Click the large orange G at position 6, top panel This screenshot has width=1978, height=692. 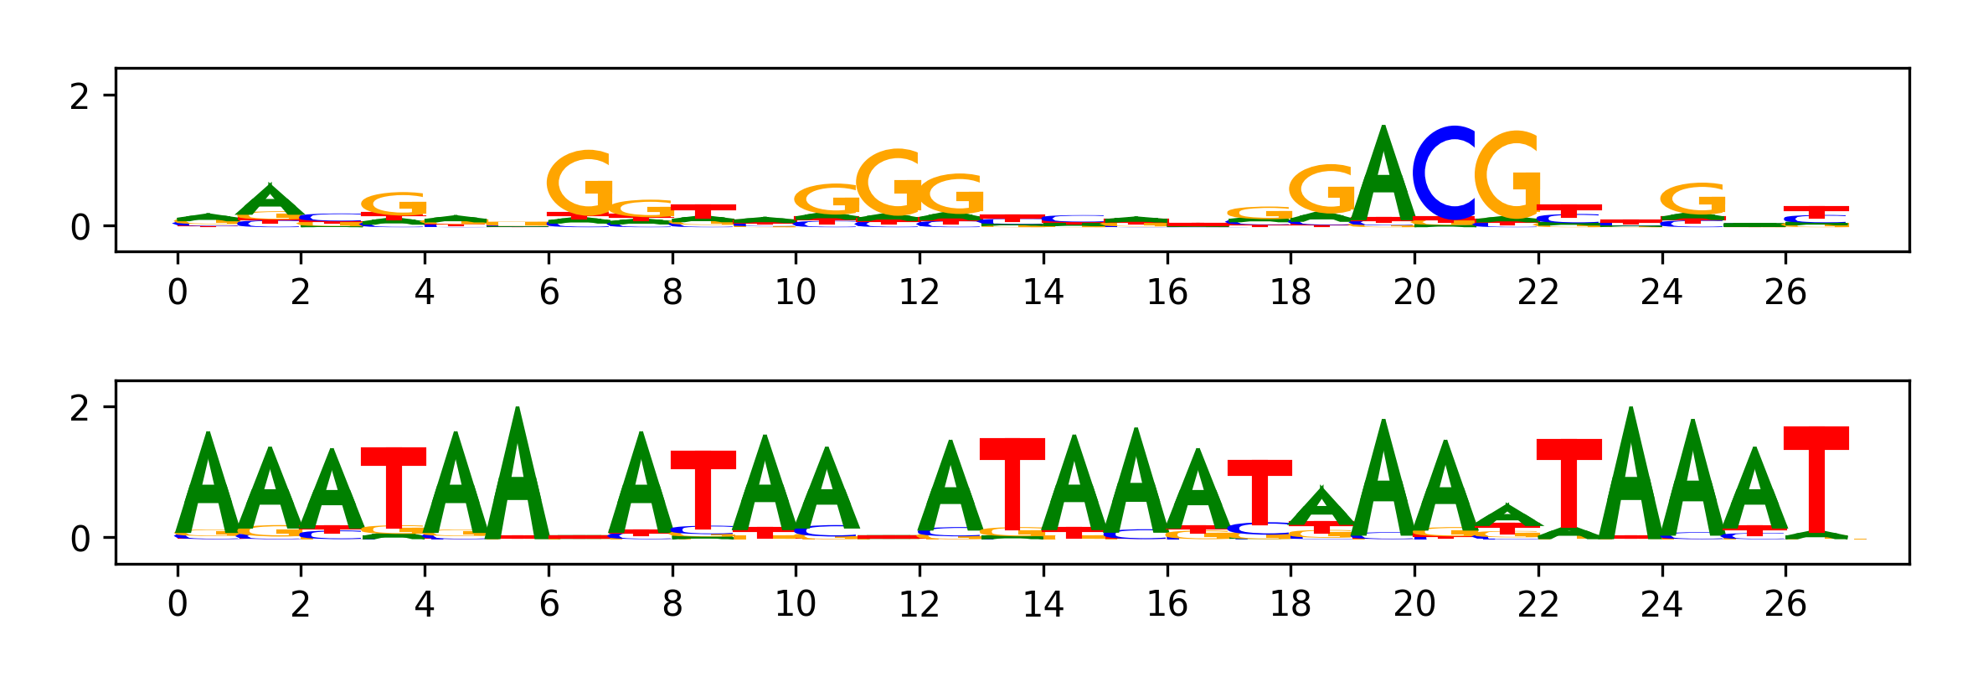pyautogui.click(x=579, y=183)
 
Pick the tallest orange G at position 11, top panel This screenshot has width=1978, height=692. pyautogui.click(x=889, y=182)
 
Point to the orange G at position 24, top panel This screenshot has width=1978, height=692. pyautogui.click(x=1692, y=199)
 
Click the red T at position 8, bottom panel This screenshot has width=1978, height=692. pyautogui.click(x=703, y=489)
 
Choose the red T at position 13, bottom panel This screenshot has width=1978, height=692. pyautogui.click(x=1012, y=483)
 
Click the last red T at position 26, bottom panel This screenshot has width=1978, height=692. pyautogui.click(x=1816, y=478)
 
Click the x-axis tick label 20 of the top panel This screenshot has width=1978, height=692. pyautogui.click(x=1414, y=292)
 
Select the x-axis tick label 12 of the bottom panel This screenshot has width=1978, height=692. pyautogui.click(x=919, y=604)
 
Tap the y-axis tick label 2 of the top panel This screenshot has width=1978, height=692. pyautogui.click(x=80, y=97)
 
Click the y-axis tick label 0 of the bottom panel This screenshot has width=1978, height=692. pyautogui.click(x=80, y=539)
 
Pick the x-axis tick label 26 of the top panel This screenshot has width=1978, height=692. pyautogui.click(x=1785, y=292)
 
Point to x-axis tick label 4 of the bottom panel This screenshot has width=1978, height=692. pyautogui.click(x=425, y=604)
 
